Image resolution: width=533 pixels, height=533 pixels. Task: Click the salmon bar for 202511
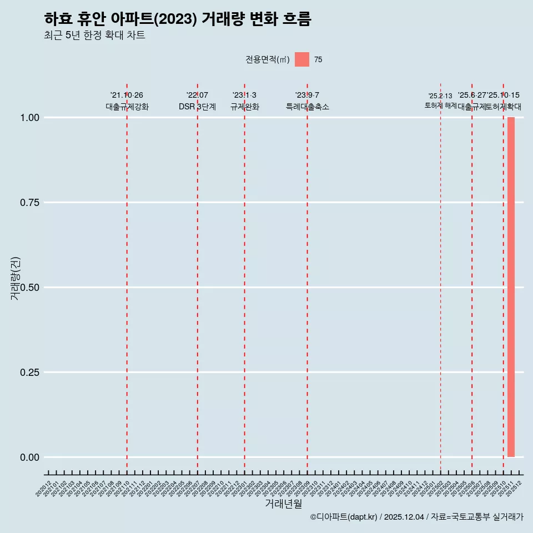(511, 287)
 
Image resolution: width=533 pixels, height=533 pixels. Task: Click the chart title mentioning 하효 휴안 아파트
(178, 19)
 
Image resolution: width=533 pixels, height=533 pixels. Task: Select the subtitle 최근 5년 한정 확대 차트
(94, 36)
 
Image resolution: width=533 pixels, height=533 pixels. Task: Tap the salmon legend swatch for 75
(302, 59)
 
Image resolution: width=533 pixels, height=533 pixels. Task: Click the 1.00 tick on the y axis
(29, 118)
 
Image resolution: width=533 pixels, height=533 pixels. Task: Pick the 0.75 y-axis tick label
(29, 203)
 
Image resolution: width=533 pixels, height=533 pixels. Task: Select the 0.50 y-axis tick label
(29, 288)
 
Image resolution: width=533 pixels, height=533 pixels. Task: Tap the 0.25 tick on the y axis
(29, 373)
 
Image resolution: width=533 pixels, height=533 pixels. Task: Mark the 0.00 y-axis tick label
(29, 457)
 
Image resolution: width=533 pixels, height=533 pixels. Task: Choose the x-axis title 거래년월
(283, 504)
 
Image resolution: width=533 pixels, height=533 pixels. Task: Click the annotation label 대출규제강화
(127, 107)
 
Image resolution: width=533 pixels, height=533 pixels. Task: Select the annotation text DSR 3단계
(197, 107)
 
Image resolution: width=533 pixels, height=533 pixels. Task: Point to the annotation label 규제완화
(245, 107)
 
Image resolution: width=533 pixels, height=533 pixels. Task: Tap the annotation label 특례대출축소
(308, 107)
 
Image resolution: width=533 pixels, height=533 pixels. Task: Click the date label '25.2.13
(440, 95)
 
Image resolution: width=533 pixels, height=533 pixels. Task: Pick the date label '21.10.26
(127, 95)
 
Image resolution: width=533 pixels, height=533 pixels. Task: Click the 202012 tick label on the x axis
(44, 488)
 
